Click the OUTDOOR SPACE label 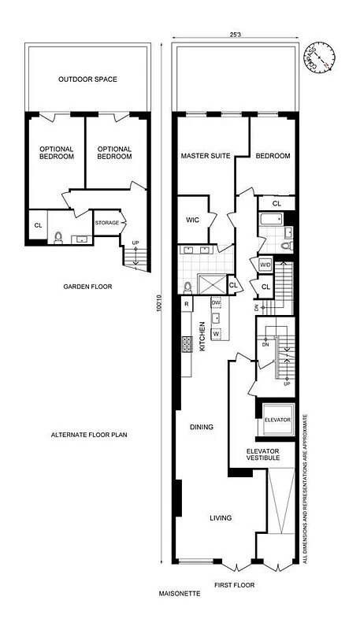[87, 80]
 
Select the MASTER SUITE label [206, 156]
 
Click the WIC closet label [193, 220]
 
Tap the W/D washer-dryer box [265, 265]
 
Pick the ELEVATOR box [277, 420]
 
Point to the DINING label [202, 428]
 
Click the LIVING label [220, 517]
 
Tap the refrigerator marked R [186, 303]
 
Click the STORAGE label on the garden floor [106, 223]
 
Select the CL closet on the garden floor [38, 226]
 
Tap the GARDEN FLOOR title [87, 287]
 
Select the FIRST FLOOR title [234, 585]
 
